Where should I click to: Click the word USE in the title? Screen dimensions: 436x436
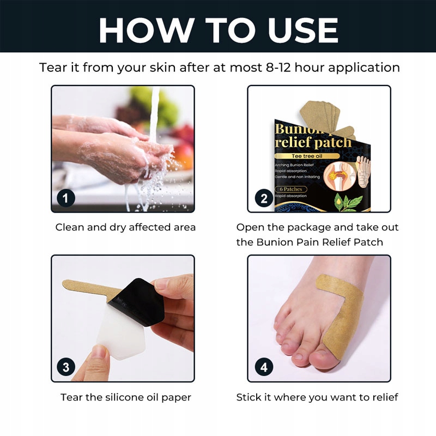tap(303, 30)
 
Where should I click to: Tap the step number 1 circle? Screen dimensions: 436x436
tap(66, 198)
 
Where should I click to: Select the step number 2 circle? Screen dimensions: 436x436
tap(264, 198)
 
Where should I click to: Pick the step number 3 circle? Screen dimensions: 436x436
tap(66, 367)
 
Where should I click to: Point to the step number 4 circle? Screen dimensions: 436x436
tap(264, 367)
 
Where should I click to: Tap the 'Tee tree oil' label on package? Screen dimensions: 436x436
tap(307, 156)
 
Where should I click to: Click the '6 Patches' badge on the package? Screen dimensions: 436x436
tap(291, 189)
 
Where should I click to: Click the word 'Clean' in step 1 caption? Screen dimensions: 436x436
tap(70, 227)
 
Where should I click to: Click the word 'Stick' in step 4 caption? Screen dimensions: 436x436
tap(249, 397)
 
